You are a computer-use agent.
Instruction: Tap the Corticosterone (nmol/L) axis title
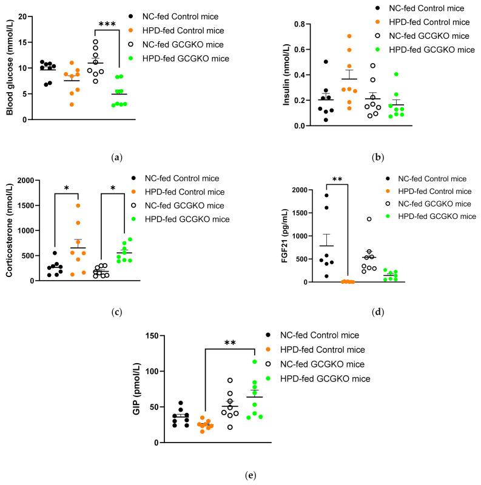[x=10, y=232]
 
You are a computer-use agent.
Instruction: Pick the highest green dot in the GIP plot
[x=254, y=362]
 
